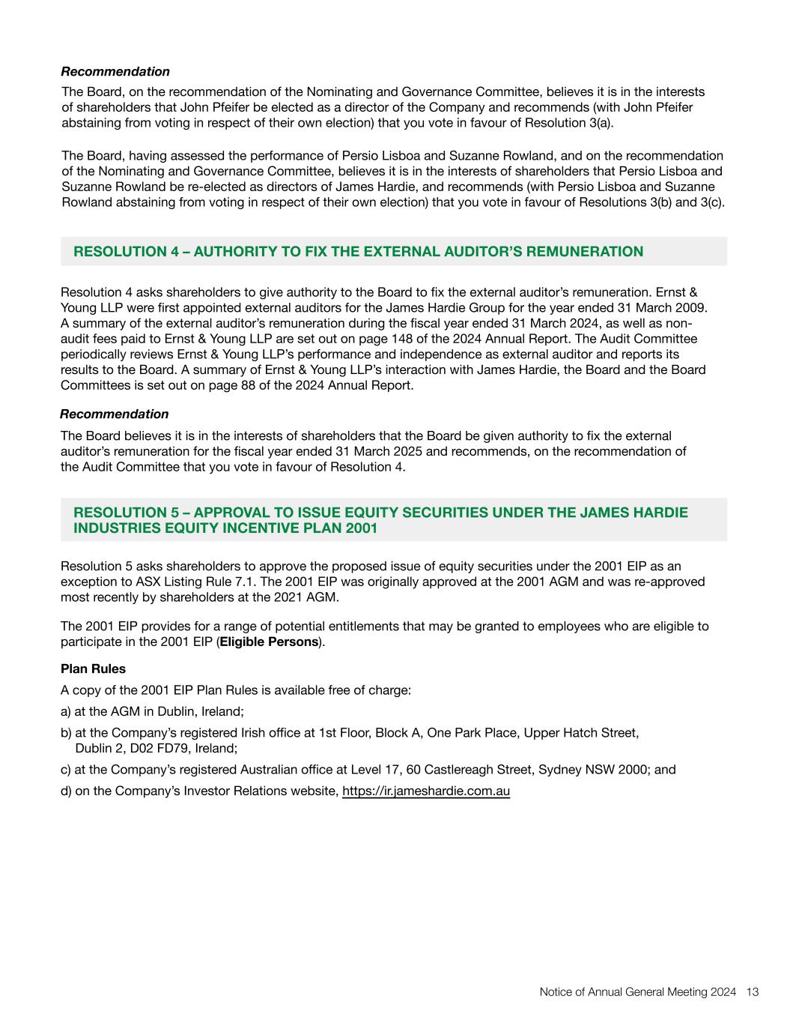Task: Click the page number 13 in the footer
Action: coord(753,992)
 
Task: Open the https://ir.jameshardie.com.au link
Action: coord(426,791)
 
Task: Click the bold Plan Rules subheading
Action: coord(93,669)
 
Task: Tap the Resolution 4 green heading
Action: coord(358,252)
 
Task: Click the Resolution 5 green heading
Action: coord(380,520)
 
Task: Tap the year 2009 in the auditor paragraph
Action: coord(692,308)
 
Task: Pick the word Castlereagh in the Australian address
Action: coord(459,769)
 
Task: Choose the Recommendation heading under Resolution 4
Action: coord(115,414)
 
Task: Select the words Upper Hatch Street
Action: coord(581,732)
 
